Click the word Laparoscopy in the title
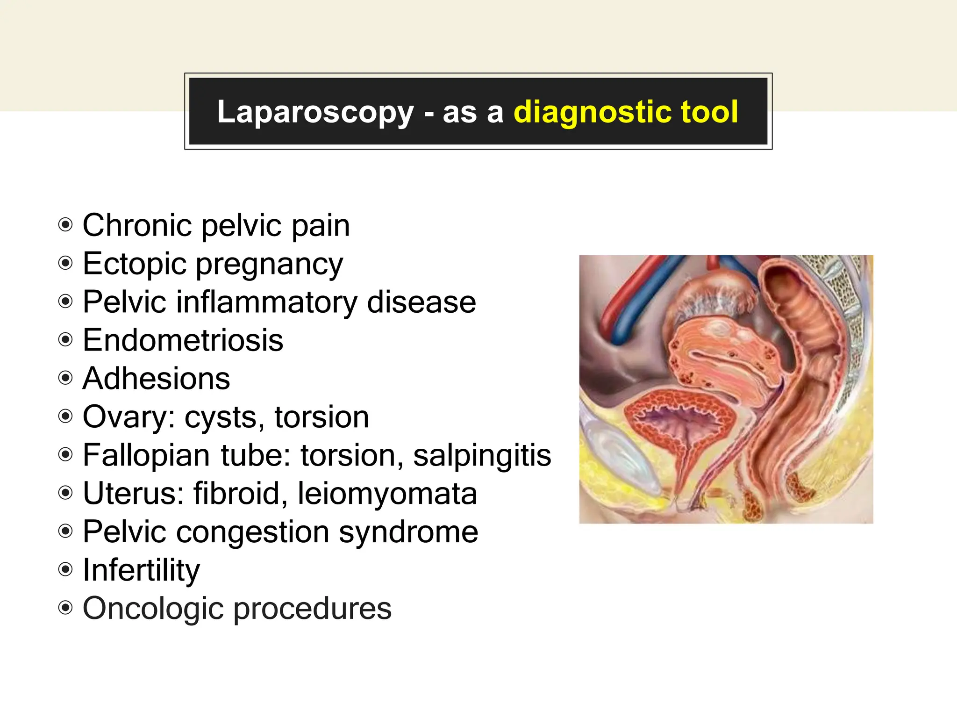click(315, 112)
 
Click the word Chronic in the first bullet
click(137, 225)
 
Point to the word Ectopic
click(135, 264)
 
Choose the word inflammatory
click(266, 302)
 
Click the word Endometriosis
click(183, 340)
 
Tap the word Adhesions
click(156, 378)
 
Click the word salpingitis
click(482, 455)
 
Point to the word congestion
click(252, 532)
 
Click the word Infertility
click(141, 570)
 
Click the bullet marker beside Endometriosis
click(65, 340)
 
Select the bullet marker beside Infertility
click(65, 570)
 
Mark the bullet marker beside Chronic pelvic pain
click(65, 225)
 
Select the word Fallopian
click(146, 455)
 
